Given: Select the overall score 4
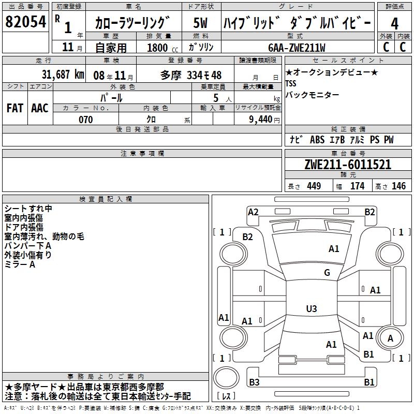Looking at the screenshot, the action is coord(395,23).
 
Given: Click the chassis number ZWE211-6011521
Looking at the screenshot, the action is coord(348,165).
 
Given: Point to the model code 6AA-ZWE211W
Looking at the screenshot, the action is coord(297,48).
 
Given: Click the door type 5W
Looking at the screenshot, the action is coord(200,23).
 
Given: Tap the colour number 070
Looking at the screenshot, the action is coord(85,120).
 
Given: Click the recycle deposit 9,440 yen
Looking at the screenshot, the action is coord(261,120).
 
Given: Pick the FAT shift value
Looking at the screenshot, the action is coord(14,108).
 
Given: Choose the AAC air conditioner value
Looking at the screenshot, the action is coord(40,108).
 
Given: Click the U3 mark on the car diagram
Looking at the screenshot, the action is coord(311,309).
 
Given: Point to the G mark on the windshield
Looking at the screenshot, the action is coord(327,273).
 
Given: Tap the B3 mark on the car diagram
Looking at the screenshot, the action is coord(254,382).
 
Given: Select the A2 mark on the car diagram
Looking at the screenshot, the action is coord(253,212).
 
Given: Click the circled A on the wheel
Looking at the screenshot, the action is coord(390,338).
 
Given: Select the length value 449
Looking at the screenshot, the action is coord(313,186).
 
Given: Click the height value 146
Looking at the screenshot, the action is coord(398,186).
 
